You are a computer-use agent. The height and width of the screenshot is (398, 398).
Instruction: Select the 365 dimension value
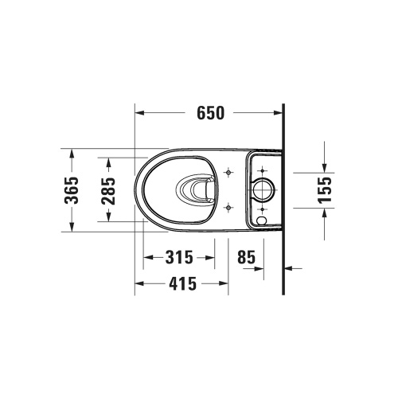click(x=71, y=190)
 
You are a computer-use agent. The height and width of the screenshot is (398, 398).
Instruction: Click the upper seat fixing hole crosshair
click(x=229, y=172)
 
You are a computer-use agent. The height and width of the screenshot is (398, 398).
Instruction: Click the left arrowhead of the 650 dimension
click(x=139, y=112)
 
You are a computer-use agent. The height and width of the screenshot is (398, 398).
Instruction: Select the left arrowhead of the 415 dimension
click(x=139, y=283)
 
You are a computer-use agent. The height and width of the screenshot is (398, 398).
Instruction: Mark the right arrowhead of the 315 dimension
click(x=211, y=257)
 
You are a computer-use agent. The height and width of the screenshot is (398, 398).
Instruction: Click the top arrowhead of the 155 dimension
click(x=324, y=168)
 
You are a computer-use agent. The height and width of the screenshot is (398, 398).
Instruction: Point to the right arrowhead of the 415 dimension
click(x=225, y=283)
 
